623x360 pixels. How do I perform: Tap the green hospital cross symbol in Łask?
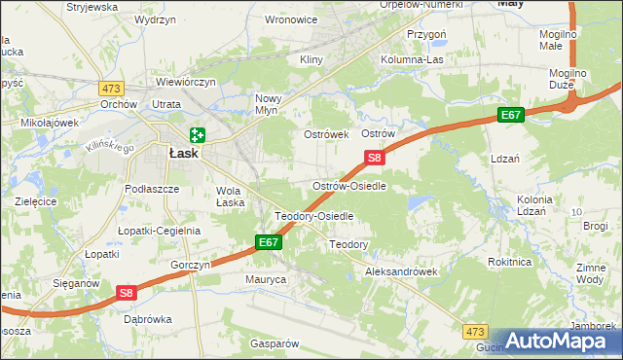(199, 135)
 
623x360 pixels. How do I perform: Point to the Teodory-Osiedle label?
(313, 216)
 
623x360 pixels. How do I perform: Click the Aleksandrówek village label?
(400, 272)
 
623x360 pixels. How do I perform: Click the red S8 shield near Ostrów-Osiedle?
(375, 157)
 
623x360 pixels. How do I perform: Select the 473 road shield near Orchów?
(110, 88)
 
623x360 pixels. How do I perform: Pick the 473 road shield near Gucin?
(475, 331)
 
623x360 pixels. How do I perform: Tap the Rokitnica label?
(510, 261)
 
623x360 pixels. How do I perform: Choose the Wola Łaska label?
(230, 197)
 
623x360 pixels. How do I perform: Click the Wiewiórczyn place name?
(185, 83)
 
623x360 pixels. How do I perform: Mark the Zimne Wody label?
(591, 272)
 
